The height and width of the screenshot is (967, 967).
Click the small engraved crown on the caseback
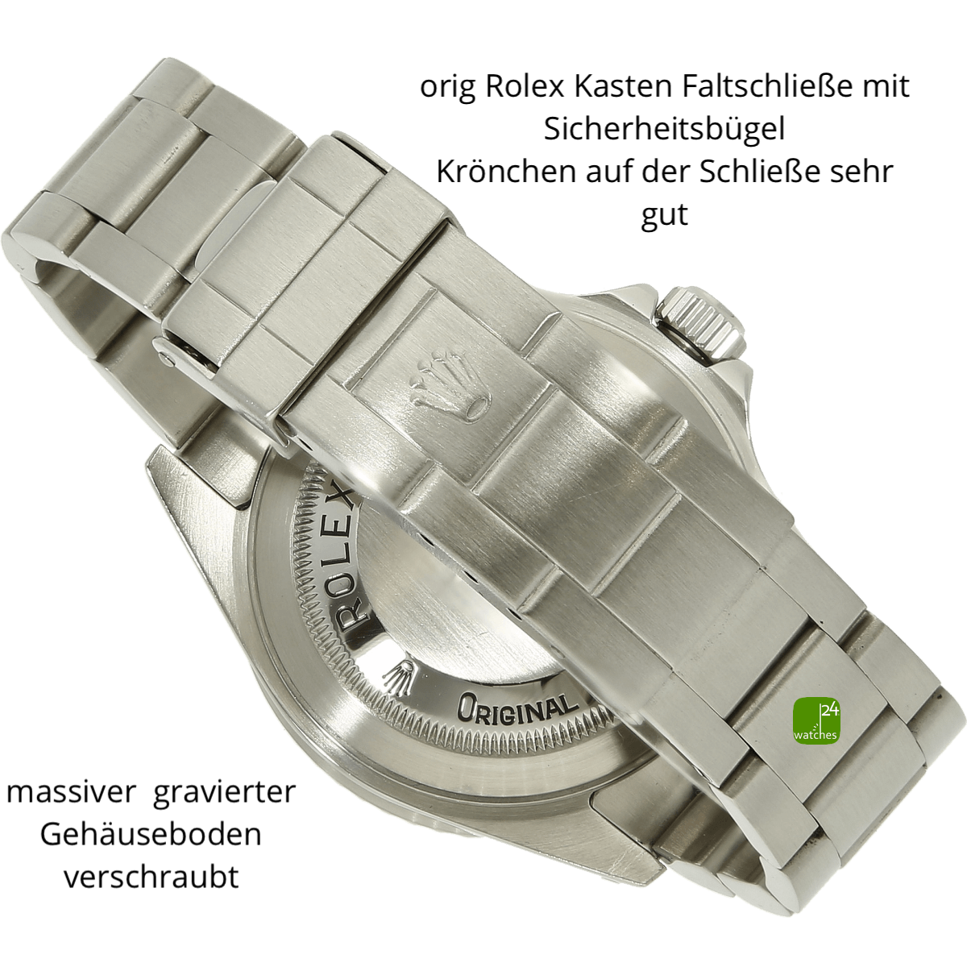coord(398,679)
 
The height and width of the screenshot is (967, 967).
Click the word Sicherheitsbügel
coord(664,130)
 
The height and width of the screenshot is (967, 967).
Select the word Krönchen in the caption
coord(506,172)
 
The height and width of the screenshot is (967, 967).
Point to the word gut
coord(664,216)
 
